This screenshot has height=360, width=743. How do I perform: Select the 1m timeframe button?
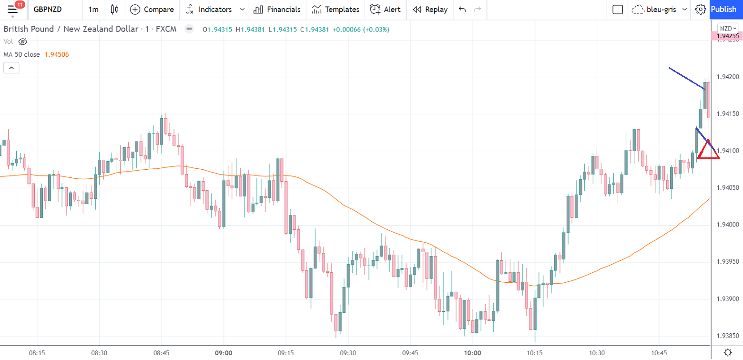point(93,10)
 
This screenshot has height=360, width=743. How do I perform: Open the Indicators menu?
point(214,10)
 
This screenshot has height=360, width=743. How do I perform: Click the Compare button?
point(152,10)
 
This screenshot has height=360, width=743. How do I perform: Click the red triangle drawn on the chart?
point(708,151)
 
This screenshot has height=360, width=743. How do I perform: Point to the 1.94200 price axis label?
point(726,77)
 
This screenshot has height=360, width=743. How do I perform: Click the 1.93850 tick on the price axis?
point(726,336)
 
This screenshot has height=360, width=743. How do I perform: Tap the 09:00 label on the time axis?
point(224,353)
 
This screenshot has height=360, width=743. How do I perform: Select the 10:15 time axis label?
point(535,353)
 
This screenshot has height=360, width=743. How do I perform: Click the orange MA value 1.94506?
point(57,54)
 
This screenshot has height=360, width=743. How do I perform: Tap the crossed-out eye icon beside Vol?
point(22,41)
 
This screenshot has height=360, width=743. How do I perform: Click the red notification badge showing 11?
point(20,5)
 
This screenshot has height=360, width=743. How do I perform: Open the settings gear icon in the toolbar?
point(700,10)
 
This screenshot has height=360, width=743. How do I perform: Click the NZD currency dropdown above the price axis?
point(728,28)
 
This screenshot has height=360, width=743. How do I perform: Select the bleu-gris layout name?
point(661,10)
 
